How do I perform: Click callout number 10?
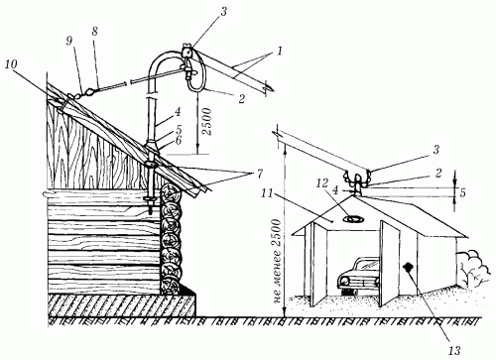(11, 64)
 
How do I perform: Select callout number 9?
(69, 43)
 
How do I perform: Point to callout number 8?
(95, 32)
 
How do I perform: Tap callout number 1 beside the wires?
(280, 52)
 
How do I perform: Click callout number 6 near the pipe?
(179, 140)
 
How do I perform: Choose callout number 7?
(250, 173)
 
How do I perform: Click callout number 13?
(455, 351)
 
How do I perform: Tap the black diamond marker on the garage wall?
(409, 267)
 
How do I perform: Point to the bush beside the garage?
(472, 267)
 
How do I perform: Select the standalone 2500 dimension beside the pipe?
(207, 121)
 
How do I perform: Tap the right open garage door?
(390, 263)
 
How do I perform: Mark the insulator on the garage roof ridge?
(357, 182)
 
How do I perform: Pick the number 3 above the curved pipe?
(223, 12)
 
